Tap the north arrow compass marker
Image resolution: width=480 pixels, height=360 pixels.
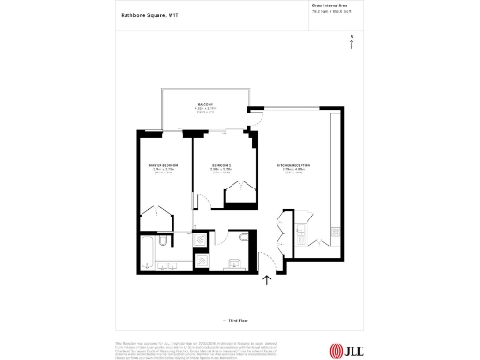[352, 42]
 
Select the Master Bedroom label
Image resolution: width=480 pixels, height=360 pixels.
[164, 168]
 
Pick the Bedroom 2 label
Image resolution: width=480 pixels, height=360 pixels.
[221, 168]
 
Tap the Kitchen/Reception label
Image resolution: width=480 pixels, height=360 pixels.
[294, 168]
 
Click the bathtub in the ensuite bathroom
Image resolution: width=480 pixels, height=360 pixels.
[146, 250]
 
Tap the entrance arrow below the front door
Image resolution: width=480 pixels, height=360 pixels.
[268, 278]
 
